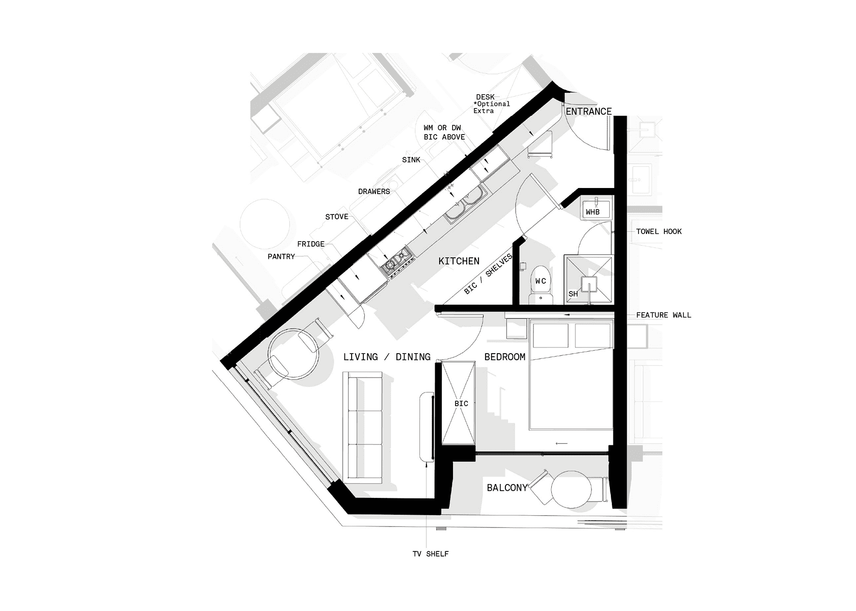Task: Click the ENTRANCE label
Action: click(x=588, y=112)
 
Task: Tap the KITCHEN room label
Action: click(x=459, y=261)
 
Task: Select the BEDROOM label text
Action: click(x=505, y=357)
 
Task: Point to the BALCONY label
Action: click(x=506, y=488)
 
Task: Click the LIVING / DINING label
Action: click(x=387, y=357)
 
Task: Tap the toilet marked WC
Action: click(x=540, y=285)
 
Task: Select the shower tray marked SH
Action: click(x=588, y=280)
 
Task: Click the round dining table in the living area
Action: click(x=293, y=354)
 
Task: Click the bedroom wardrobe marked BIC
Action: click(x=459, y=403)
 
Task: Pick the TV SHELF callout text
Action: click(x=431, y=554)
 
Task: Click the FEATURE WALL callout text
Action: click(x=663, y=315)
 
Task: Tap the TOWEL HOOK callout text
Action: click(x=659, y=231)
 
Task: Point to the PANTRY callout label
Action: click(x=281, y=257)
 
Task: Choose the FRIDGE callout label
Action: click(x=311, y=244)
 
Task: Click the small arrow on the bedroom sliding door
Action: click(x=561, y=444)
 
